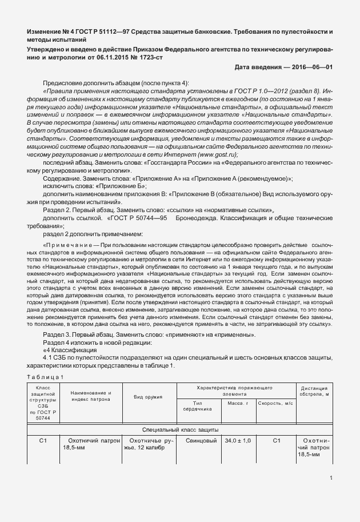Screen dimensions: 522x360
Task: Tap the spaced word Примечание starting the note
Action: click(72, 244)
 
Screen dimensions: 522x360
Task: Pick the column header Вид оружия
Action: click(147, 396)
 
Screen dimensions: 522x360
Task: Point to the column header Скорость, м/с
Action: click(276, 404)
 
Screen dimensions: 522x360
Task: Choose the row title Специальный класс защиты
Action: click(179, 429)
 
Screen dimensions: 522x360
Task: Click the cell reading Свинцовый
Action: click(197, 441)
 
